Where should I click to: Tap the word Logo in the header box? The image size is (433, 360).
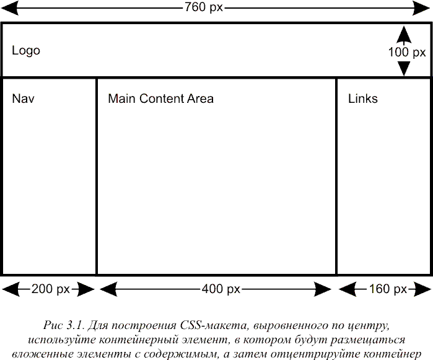[x=26, y=51]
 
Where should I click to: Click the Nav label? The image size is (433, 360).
[x=23, y=99]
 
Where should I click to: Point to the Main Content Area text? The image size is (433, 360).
[x=160, y=99]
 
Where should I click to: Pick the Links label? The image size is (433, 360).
[x=362, y=99]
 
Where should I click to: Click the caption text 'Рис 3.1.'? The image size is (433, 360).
[x=64, y=325]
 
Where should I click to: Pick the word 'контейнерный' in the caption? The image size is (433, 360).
[x=139, y=340]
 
